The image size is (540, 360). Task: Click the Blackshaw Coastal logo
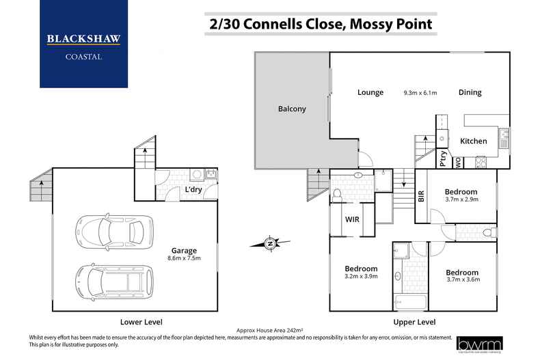[83, 44]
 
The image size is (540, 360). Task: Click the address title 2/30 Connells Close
[320, 25]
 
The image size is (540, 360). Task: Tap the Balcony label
[292, 109]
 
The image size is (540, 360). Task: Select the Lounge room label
[370, 92]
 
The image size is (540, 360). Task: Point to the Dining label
[470, 92]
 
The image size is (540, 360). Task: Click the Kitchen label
[473, 141]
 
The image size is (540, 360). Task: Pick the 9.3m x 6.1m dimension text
[420, 93]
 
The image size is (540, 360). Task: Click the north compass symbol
[271, 243]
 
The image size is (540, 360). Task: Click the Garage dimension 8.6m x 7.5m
[184, 258]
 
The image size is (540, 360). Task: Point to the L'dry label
[193, 190]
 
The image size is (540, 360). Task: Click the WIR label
[352, 220]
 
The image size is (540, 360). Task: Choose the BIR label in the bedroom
[421, 197]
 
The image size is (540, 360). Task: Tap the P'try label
[443, 161]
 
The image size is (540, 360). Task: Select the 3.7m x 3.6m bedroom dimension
[463, 278]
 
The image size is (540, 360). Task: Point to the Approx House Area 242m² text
[269, 329]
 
